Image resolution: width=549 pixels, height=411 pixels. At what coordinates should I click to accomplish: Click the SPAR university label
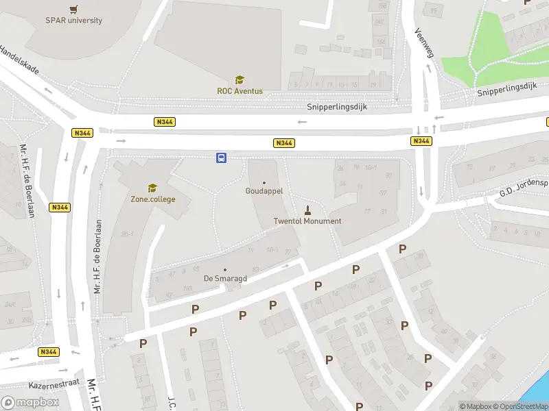click(73, 21)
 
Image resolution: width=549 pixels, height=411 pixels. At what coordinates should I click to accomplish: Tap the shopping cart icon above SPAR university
click(73, 9)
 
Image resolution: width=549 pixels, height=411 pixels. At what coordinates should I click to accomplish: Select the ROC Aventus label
click(240, 91)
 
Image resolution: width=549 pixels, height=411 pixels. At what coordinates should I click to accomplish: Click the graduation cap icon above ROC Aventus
click(240, 79)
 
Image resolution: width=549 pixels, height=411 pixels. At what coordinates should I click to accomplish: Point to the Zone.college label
click(152, 199)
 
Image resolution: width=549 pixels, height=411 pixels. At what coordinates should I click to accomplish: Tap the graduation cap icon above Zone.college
click(152, 188)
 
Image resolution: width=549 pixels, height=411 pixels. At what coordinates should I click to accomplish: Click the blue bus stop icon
click(222, 158)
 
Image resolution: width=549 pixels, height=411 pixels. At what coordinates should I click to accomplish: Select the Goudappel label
click(264, 192)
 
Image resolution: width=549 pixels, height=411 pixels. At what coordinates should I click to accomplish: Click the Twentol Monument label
click(307, 221)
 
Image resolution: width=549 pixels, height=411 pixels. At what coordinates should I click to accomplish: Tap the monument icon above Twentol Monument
click(307, 210)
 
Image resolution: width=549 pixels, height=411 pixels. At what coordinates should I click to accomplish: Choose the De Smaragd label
click(225, 279)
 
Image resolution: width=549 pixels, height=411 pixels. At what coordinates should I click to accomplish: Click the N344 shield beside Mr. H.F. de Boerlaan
click(60, 206)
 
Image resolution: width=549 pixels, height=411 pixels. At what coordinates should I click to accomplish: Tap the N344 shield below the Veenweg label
click(421, 141)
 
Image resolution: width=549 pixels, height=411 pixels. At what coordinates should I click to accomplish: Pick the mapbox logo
click(30, 403)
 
